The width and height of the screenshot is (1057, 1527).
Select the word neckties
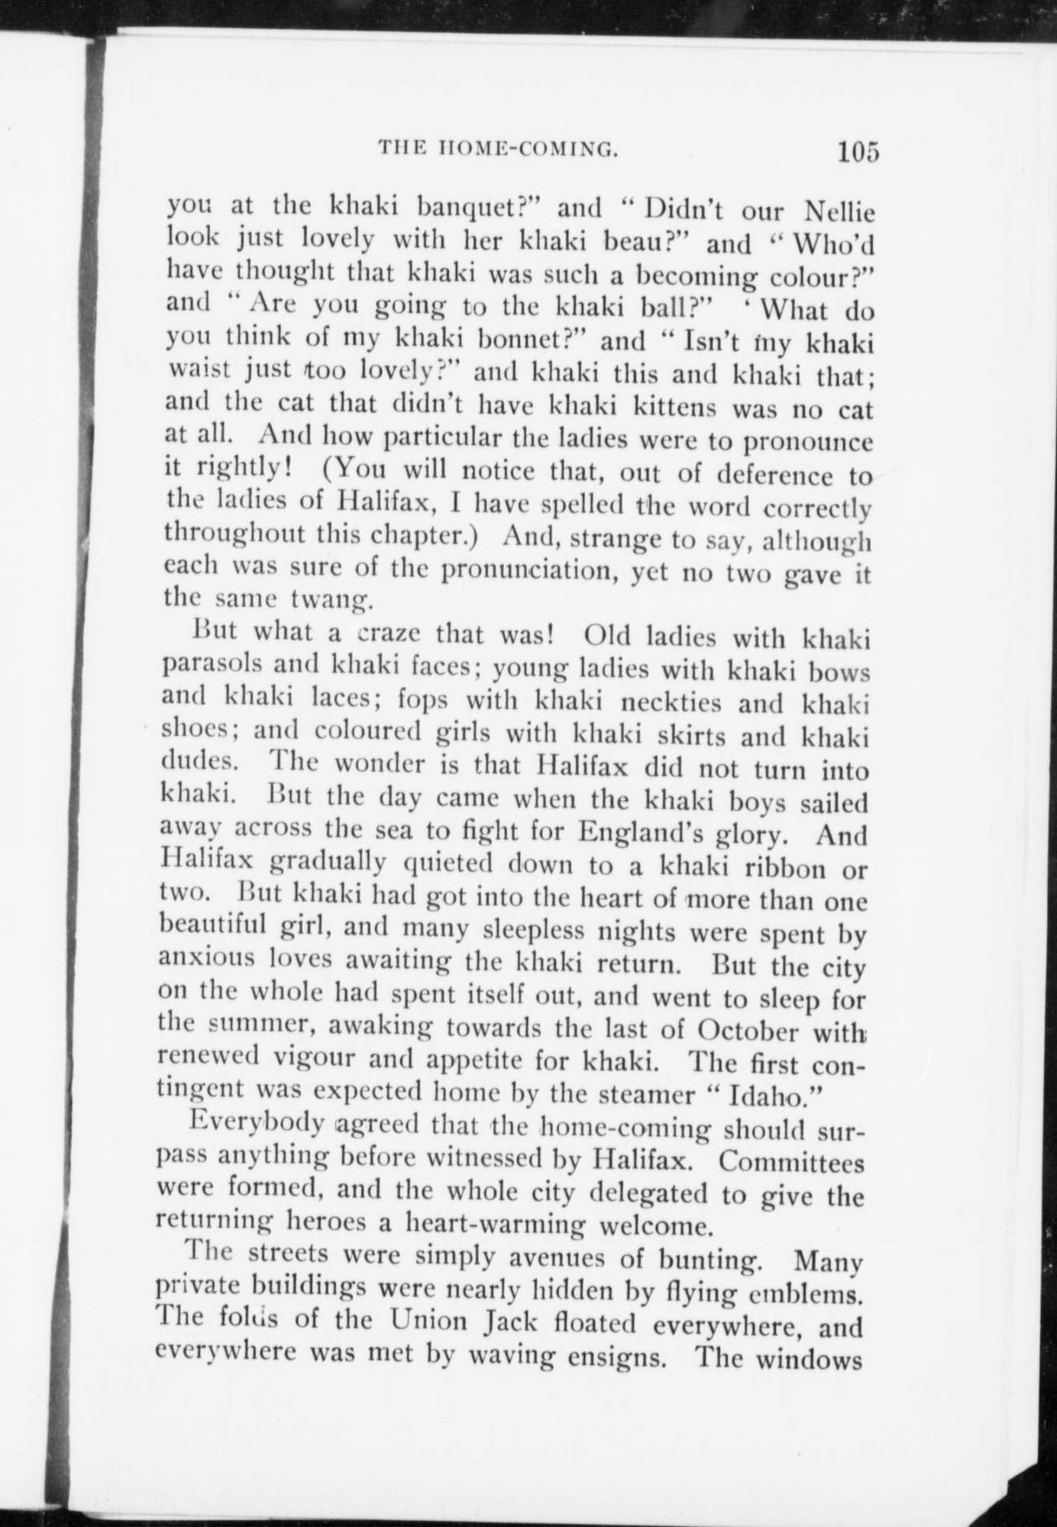(672, 702)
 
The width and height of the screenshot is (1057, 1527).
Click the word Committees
(791, 1163)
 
